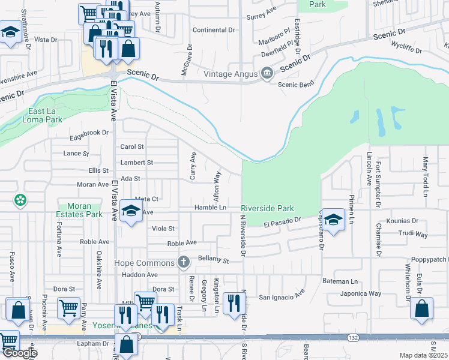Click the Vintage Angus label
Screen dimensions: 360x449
[230, 74]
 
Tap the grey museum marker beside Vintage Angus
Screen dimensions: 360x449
[267, 74]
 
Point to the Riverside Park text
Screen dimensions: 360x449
[268, 208]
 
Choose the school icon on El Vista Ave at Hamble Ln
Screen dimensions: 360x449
[130, 211]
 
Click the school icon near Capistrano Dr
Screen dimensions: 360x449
[334, 218]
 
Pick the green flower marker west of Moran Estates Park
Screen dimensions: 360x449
[20, 200]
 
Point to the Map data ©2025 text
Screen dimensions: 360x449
[423, 355]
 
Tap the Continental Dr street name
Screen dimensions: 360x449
[209, 30]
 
